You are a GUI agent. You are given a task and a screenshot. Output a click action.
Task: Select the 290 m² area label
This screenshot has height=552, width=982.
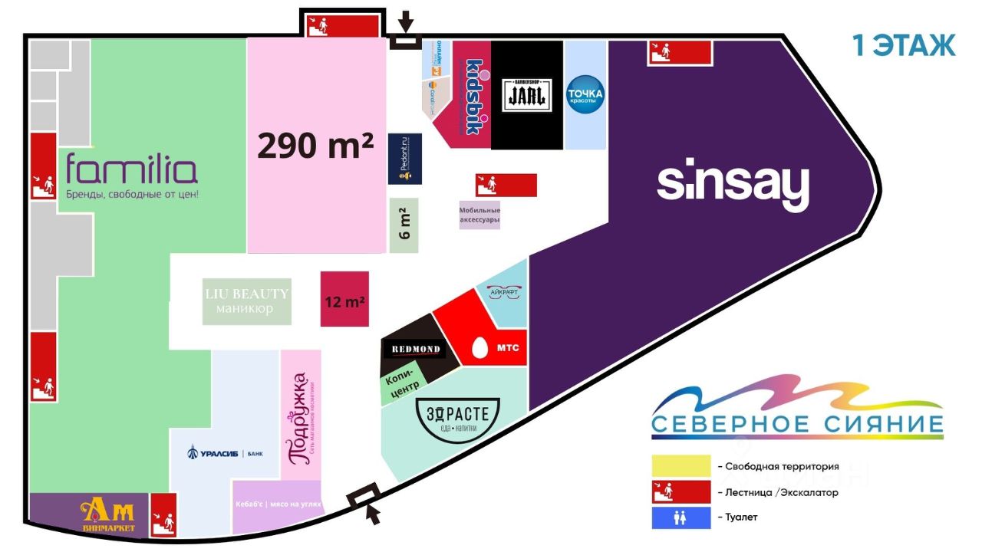coord(315,146)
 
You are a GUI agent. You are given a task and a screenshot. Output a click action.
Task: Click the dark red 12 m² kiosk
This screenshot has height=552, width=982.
coord(344,299)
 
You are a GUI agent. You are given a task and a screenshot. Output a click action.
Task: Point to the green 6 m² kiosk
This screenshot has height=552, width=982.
coord(404,225)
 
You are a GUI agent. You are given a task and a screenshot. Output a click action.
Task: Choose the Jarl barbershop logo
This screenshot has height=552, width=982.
coord(528,95)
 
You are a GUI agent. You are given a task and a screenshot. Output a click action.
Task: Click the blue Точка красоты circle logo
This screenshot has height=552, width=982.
coord(585,95)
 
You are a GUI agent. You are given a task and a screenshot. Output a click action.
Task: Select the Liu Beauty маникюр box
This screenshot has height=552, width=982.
coord(247,301)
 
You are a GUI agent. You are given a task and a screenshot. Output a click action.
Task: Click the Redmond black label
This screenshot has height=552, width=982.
coord(417,350)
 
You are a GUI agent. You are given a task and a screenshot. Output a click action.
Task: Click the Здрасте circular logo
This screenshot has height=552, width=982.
coord(457,416)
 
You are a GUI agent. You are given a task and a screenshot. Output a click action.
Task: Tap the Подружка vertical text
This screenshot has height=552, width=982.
coord(300,419)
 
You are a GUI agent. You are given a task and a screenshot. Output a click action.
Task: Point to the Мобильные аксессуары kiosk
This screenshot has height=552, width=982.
coord(479,215)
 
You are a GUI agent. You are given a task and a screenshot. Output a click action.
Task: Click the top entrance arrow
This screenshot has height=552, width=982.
coord(406,21)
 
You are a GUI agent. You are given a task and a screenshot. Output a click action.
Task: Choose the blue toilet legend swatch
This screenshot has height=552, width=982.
coord(680,517)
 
